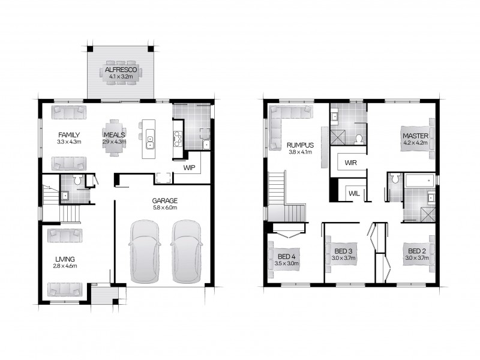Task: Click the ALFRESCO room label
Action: pos(122,70)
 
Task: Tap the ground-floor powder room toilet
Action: pos(77,179)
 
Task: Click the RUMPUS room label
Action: pos(298,145)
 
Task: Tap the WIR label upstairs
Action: pos(350,162)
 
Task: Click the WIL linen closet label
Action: pos(354,193)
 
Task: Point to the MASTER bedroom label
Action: pos(415,136)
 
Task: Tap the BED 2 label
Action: pos(416,251)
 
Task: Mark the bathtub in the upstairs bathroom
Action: pos(419,179)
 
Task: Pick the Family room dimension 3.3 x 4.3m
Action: pos(69,142)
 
